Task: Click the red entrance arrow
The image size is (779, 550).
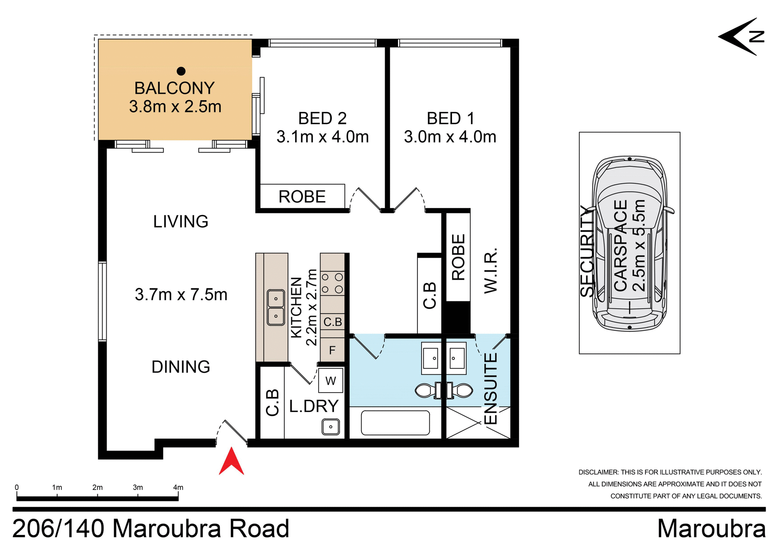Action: pyautogui.click(x=231, y=462)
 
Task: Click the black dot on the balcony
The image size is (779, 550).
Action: pyautogui.click(x=181, y=71)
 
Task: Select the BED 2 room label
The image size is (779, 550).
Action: pyautogui.click(x=322, y=118)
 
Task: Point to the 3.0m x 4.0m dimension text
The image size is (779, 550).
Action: pyautogui.click(x=450, y=137)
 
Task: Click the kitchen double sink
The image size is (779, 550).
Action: pyautogui.click(x=276, y=307)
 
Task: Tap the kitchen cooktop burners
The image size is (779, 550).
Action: pyautogui.click(x=332, y=284)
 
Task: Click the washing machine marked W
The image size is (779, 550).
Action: pyautogui.click(x=331, y=381)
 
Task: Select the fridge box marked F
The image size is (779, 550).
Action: pyautogui.click(x=332, y=350)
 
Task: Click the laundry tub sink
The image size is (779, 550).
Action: pyautogui.click(x=331, y=427)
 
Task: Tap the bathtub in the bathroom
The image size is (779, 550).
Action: pyautogui.click(x=395, y=423)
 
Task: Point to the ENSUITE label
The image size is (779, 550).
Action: pyautogui.click(x=491, y=389)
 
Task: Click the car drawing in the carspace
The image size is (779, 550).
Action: pyautogui.click(x=629, y=243)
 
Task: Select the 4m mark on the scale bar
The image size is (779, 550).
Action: pyautogui.click(x=178, y=488)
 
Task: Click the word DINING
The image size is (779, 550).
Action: pyautogui.click(x=181, y=367)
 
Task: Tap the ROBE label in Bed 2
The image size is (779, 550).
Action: pyautogui.click(x=302, y=197)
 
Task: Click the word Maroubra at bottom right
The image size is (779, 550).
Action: pyautogui.click(x=711, y=529)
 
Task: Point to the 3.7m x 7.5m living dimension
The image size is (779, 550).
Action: pyautogui.click(x=181, y=294)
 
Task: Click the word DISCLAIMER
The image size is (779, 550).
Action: pyautogui.click(x=598, y=472)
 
